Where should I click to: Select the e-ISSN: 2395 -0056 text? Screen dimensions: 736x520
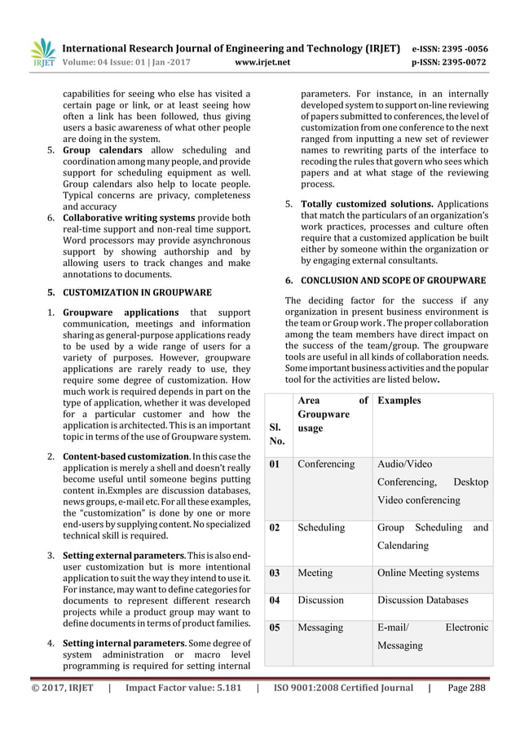[458, 46]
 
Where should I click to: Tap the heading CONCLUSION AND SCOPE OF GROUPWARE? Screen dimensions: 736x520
[394, 280]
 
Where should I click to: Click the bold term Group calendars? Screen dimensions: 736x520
[103, 151]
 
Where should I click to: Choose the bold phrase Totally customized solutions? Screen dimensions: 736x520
[367, 203]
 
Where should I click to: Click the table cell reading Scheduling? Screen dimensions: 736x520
[321, 528]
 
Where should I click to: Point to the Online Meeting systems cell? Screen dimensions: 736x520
[429, 574]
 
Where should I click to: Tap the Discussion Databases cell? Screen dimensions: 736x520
[423, 601]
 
